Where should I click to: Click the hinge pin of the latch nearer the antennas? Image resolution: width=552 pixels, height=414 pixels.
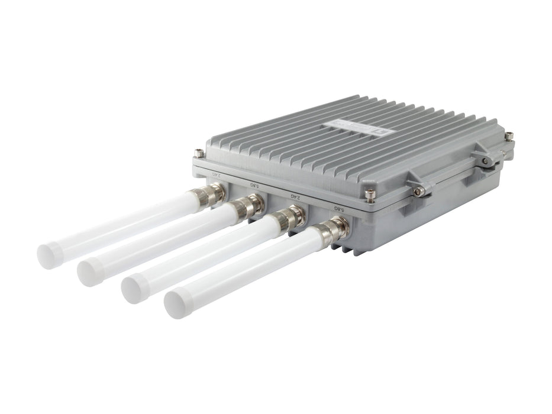(418, 190)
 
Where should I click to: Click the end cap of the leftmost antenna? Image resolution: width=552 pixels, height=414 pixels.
(49, 255)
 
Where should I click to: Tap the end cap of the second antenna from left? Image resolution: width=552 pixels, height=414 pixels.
(89, 273)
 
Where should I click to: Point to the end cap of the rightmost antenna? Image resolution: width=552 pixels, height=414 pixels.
(176, 305)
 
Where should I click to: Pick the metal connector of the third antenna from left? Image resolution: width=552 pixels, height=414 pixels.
(290, 218)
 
